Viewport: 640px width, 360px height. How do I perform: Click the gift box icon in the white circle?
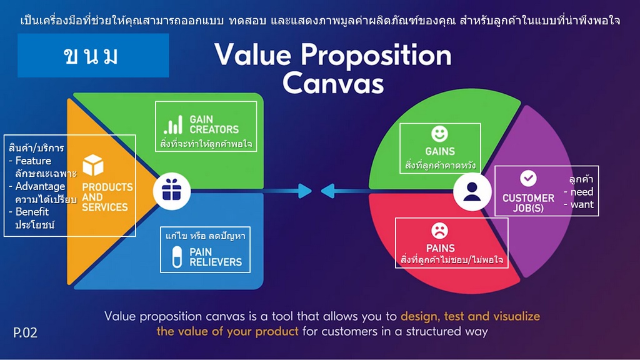(x=171, y=191)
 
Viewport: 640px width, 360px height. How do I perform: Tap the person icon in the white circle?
(x=472, y=192)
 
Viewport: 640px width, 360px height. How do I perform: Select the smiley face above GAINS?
(x=439, y=134)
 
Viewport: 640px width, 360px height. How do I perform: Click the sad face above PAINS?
(x=439, y=231)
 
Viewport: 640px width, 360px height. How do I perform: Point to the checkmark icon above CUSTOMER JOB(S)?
(x=528, y=178)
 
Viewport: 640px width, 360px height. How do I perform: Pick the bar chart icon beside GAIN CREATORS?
(x=173, y=124)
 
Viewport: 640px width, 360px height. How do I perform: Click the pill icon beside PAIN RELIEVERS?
(x=177, y=257)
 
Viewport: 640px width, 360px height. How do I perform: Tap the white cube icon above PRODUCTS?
(x=93, y=165)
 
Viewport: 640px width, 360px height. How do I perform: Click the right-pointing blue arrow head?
(x=304, y=191)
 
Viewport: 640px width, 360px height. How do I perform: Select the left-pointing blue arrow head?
(x=327, y=191)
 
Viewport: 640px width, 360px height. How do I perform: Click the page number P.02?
(x=25, y=332)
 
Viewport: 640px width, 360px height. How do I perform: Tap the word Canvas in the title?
(x=333, y=83)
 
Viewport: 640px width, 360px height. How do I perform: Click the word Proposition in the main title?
(x=376, y=56)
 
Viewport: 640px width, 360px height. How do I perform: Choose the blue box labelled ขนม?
(x=93, y=56)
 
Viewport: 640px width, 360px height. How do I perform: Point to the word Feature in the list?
(x=33, y=161)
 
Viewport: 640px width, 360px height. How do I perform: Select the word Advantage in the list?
(x=40, y=186)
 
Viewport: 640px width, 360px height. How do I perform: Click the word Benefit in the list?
(x=32, y=212)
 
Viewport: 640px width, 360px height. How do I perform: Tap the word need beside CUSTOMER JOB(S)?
(x=582, y=192)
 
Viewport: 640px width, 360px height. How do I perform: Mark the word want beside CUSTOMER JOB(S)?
(x=582, y=204)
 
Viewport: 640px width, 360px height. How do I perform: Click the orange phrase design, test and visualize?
(x=470, y=316)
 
